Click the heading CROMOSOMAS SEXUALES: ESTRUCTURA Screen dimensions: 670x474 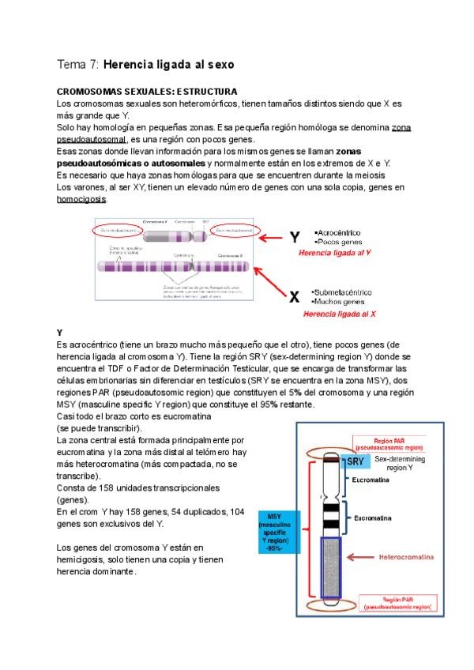click(x=148, y=92)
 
